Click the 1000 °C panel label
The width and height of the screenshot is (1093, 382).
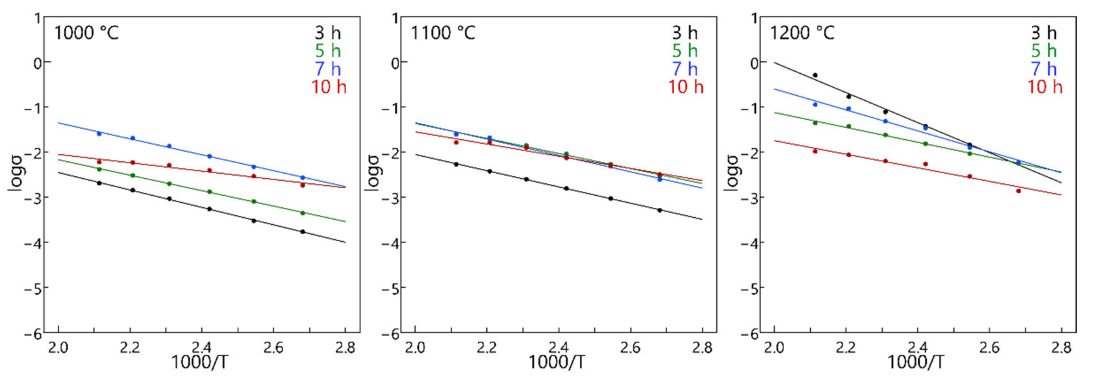click(x=87, y=33)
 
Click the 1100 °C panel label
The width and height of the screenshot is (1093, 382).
click(x=443, y=33)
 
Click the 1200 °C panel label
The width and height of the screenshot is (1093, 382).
click(x=802, y=33)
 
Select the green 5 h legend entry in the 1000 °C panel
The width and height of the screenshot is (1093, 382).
click(x=328, y=51)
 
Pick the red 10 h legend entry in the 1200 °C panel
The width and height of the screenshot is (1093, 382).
click(x=1044, y=87)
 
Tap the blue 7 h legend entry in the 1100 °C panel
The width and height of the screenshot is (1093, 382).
click(x=685, y=69)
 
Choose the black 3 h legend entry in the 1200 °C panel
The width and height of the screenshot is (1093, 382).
click(x=1044, y=33)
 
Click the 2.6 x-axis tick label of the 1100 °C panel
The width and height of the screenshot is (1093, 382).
click(x=630, y=348)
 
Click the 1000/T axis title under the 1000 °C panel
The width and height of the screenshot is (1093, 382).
click(x=199, y=363)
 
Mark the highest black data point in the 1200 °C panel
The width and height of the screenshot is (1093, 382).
click(x=815, y=75)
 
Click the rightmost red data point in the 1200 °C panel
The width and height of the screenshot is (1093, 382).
click(x=1018, y=191)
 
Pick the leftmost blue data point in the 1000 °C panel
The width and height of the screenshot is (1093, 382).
click(x=99, y=133)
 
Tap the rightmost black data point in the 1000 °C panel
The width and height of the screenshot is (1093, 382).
click(x=303, y=231)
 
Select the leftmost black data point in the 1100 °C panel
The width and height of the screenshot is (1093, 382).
click(x=456, y=164)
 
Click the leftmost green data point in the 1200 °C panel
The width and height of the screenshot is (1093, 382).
click(x=815, y=123)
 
